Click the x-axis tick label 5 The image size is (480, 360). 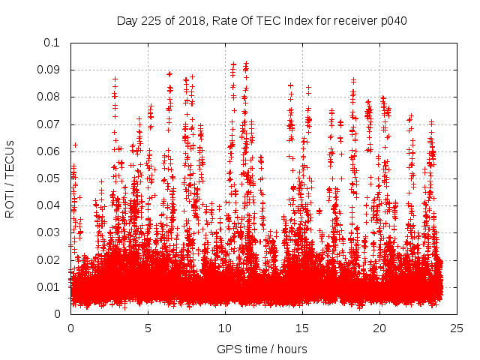click(x=148, y=328)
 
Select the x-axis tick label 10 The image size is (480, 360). click(x=225, y=328)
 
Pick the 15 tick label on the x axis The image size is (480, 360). click(x=302, y=328)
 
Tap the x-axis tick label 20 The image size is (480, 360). click(x=379, y=328)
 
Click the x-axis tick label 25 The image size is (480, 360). click(x=457, y=328)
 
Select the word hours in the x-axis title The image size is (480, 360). click(x=291, y=349)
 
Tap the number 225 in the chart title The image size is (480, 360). click(x=152, y=20)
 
